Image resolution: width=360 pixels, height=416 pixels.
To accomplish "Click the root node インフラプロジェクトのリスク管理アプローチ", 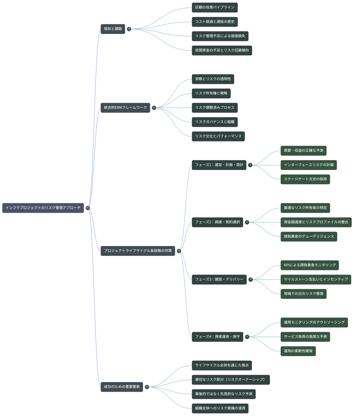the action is [x=43, y=208].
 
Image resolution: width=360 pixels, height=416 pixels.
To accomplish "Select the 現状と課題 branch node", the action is [x=113, y=29].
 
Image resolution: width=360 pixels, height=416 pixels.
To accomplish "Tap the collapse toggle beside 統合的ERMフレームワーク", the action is [x=154, y=108].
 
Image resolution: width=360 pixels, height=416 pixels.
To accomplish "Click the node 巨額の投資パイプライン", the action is [x=215, y=7].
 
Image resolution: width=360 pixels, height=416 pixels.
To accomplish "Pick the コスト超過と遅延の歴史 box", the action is [x=215, y=22].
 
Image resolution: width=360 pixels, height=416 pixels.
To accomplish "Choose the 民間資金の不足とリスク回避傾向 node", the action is [x=222, y=51].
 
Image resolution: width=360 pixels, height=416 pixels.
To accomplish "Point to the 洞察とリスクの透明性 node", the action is [x=213, y=79].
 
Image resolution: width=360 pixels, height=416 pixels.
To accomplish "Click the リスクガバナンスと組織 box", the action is [x=215, y=122].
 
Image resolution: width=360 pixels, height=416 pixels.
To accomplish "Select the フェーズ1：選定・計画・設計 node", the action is [x=219, y=165].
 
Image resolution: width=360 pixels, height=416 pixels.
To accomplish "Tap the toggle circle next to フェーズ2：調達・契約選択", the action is [x=247, y=222].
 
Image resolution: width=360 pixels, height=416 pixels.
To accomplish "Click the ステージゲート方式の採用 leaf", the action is [x=305, y=179].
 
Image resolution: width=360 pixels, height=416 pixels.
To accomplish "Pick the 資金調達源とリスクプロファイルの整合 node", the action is [x=316, y=222].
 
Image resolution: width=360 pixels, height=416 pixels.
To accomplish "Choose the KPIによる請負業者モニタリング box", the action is [x=310, y=265].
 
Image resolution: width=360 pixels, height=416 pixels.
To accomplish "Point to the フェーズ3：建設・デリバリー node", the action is [x=219, y=280].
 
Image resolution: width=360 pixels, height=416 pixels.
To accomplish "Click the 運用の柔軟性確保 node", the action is [x=298, y=351].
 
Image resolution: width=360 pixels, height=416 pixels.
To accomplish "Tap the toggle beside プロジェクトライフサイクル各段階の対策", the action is [x=179, y=251].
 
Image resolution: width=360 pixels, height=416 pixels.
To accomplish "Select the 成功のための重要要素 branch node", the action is [x=122, y=387].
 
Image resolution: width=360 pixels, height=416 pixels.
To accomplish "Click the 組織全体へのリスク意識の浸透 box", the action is [x=220, y=408].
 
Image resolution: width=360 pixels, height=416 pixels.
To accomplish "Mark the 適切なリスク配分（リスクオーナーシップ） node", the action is [x=231, y=379].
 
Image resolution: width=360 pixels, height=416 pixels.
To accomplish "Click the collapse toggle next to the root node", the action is [x=88, y=208].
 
